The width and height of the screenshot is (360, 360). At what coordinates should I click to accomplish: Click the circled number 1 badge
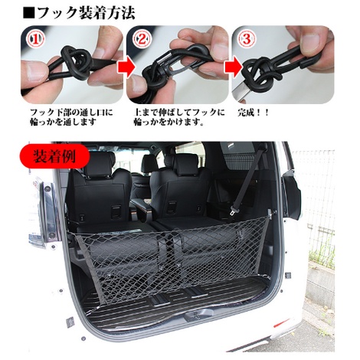(x=35, y=39)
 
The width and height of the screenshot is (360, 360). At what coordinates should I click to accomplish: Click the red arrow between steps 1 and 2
(x=126, y=67)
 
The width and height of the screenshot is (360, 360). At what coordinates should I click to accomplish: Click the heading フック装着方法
(x=79, y=13)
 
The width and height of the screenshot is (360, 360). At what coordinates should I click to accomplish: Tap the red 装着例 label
(x=54, y=156)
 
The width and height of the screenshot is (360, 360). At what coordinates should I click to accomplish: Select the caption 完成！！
(x=253, y=113)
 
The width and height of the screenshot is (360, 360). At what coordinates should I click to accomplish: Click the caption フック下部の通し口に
(x=71, y=113)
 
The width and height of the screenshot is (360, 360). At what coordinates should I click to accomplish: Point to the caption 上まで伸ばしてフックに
(x=179, y=113)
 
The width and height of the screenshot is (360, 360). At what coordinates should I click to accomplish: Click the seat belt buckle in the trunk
(x=234, y=211)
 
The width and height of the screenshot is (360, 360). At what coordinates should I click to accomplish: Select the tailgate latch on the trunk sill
(x=197, y=316)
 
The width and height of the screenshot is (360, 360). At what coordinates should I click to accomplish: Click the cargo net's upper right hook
(x=271, y=212)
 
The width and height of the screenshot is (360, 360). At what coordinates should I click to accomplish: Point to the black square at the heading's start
(x=28, y=13)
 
